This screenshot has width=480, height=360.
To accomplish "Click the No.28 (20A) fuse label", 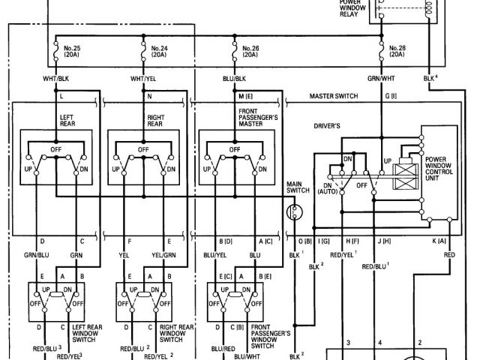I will (x=398, y=52).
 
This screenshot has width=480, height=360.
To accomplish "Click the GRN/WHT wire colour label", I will (x=381, y=78).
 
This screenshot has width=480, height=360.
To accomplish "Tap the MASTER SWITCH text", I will (x=334, y=96).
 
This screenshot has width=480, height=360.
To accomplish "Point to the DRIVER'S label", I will (x=328, y=127).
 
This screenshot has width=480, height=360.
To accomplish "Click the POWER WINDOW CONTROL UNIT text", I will (x=442, y=169).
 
